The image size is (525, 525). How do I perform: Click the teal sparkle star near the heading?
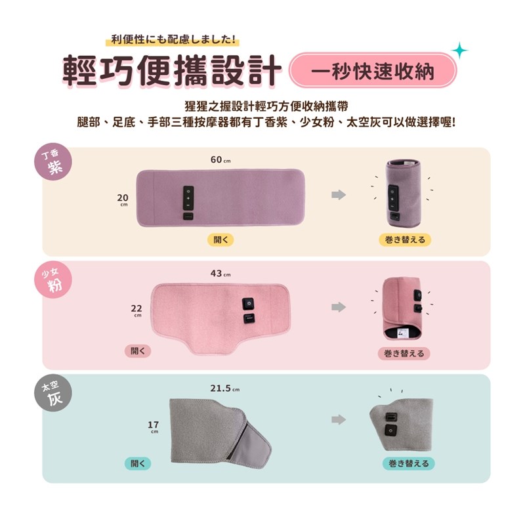[459, 51]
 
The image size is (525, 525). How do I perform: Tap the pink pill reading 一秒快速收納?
[373, 70]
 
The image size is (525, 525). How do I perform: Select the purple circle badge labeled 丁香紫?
[53, 161]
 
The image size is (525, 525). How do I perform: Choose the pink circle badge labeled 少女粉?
[54, 280]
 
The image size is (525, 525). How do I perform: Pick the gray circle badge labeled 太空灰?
[53, 393]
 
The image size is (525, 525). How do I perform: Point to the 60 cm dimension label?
[220, 159]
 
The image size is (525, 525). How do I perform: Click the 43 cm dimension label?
[220, 274]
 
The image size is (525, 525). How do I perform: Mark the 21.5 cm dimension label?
[225, 388]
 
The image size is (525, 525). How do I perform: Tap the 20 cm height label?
[123, 200]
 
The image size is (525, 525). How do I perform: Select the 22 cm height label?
[136, 310]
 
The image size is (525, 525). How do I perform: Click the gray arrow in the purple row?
[339, 194]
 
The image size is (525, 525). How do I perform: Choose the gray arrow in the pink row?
[339, 306]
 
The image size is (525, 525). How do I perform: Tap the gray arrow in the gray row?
[339, 419]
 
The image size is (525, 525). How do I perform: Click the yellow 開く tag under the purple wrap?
[220, 240]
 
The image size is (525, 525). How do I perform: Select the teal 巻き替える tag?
[408, 463]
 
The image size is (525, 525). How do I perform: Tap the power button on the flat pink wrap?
[248, 304]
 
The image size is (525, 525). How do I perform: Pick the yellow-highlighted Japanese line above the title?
[173, 40]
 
